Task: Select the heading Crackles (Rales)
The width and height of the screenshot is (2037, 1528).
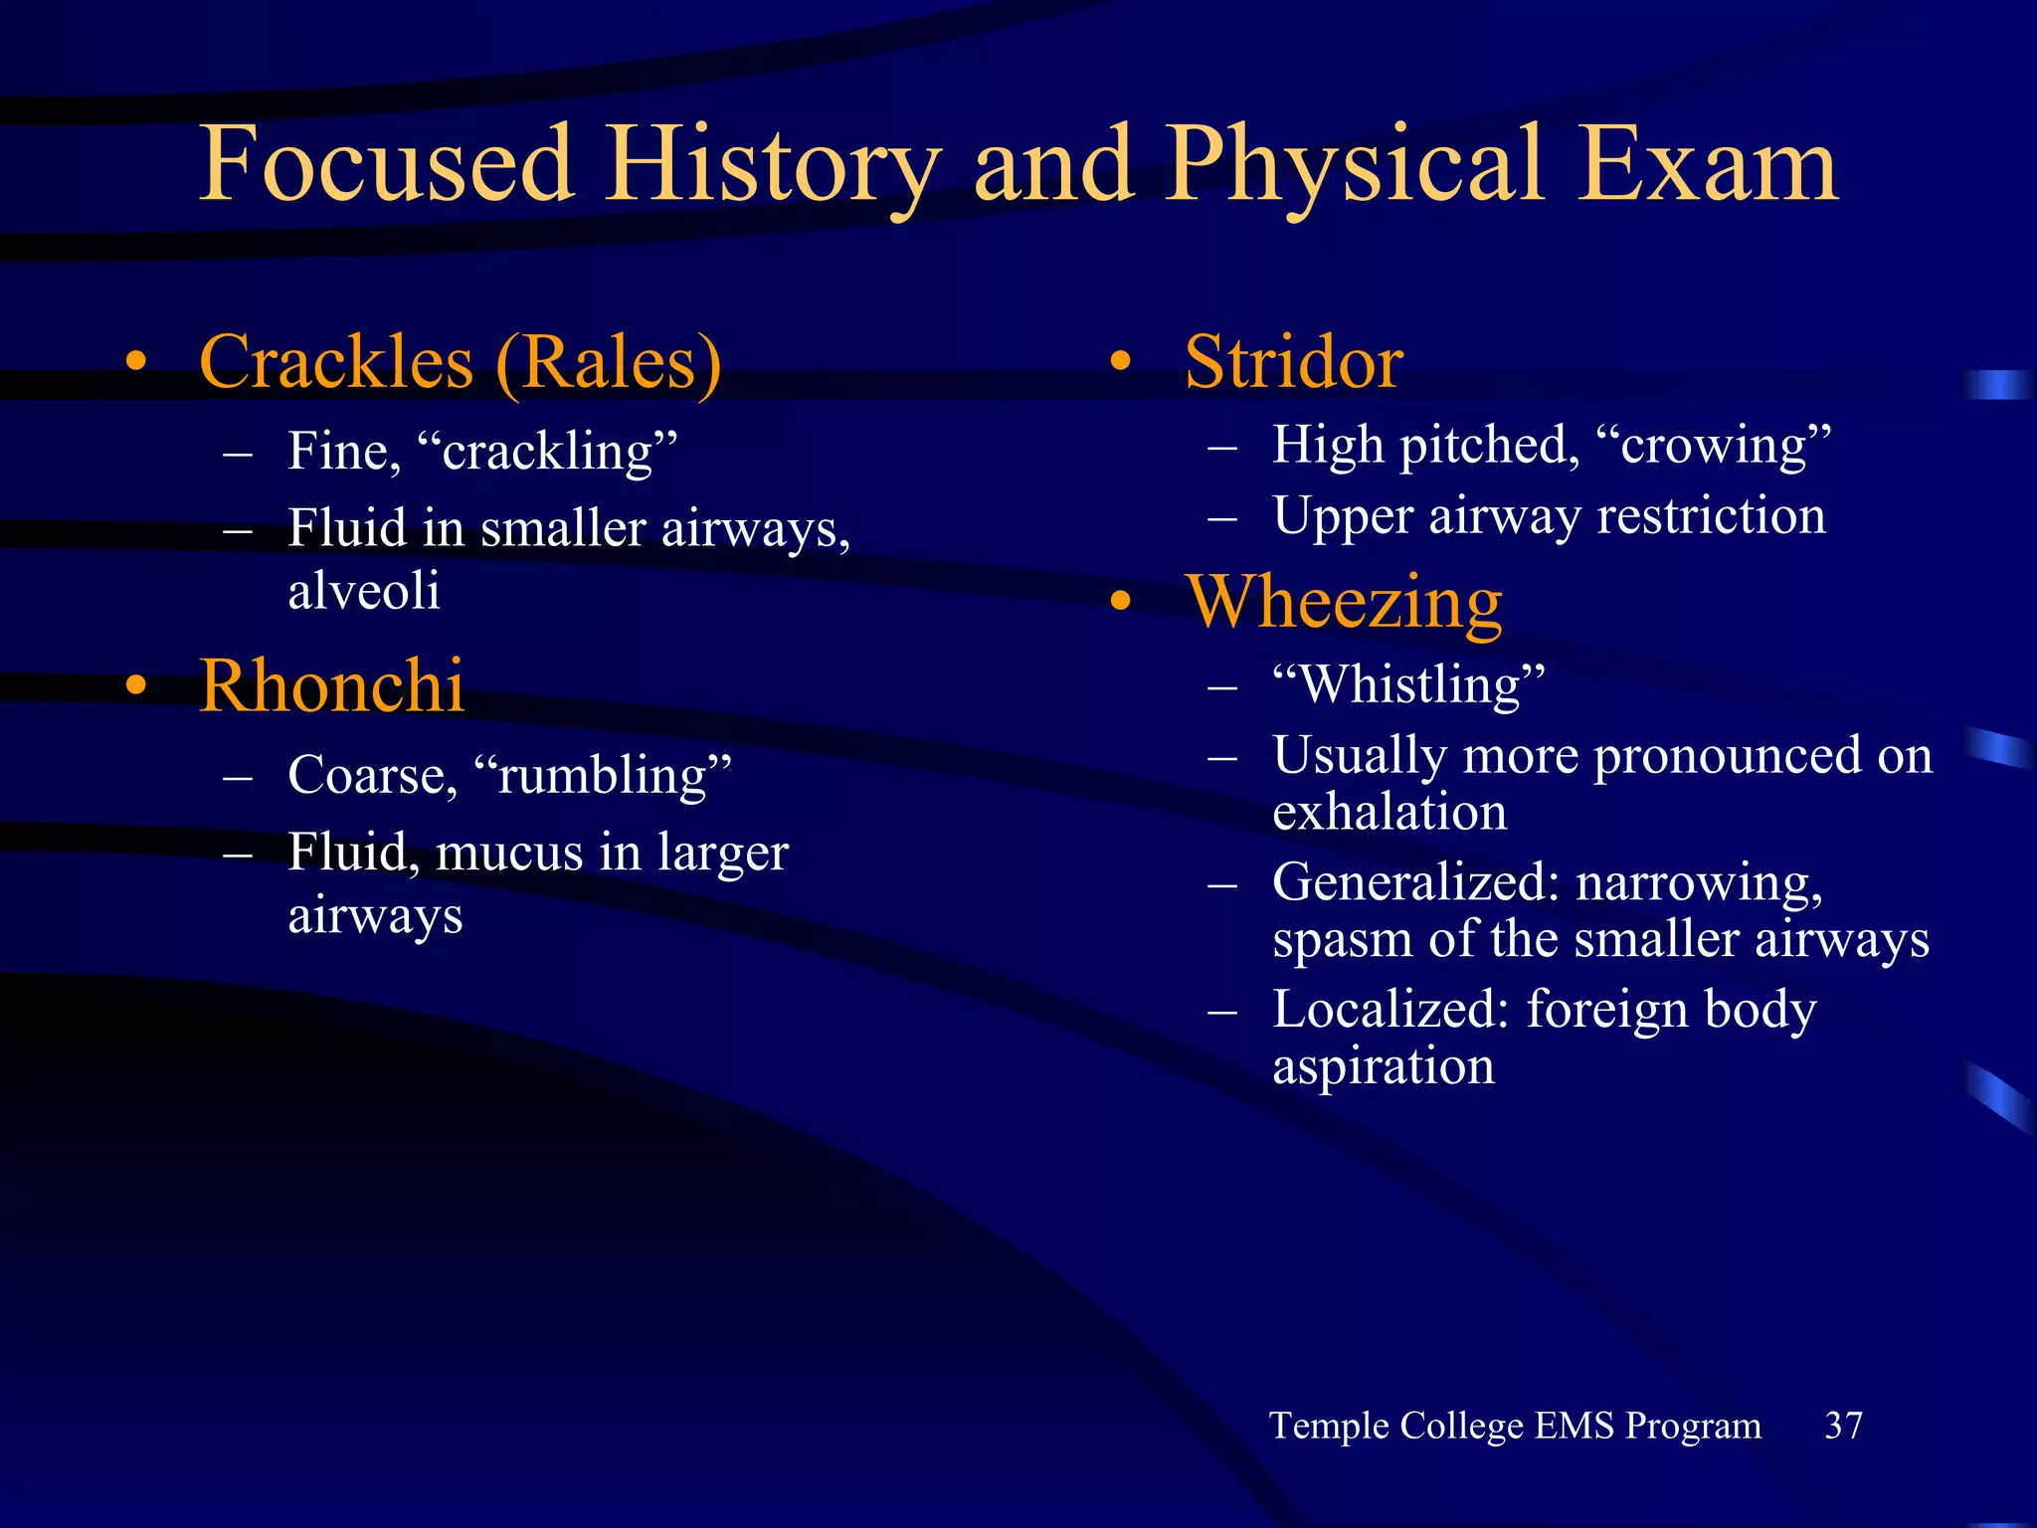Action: tap(460, 362)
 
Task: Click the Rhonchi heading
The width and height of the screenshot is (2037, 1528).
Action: tap(331, 686)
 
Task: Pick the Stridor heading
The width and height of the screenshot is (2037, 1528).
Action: tap(1293, 362)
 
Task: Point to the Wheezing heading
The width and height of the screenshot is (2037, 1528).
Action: tap(1343, 603)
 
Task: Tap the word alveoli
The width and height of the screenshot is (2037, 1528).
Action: tap(364, 591)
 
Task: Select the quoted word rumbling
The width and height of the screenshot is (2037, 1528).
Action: tap(603, 776)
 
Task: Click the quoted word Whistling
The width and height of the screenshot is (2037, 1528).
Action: tap(1409, 685)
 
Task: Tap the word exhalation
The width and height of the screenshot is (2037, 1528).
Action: tap(1389, 812)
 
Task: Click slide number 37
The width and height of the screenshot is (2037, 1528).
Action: tap(1843, 1426)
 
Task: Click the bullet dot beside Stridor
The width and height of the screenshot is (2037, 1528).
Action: tap(1121, 362)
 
